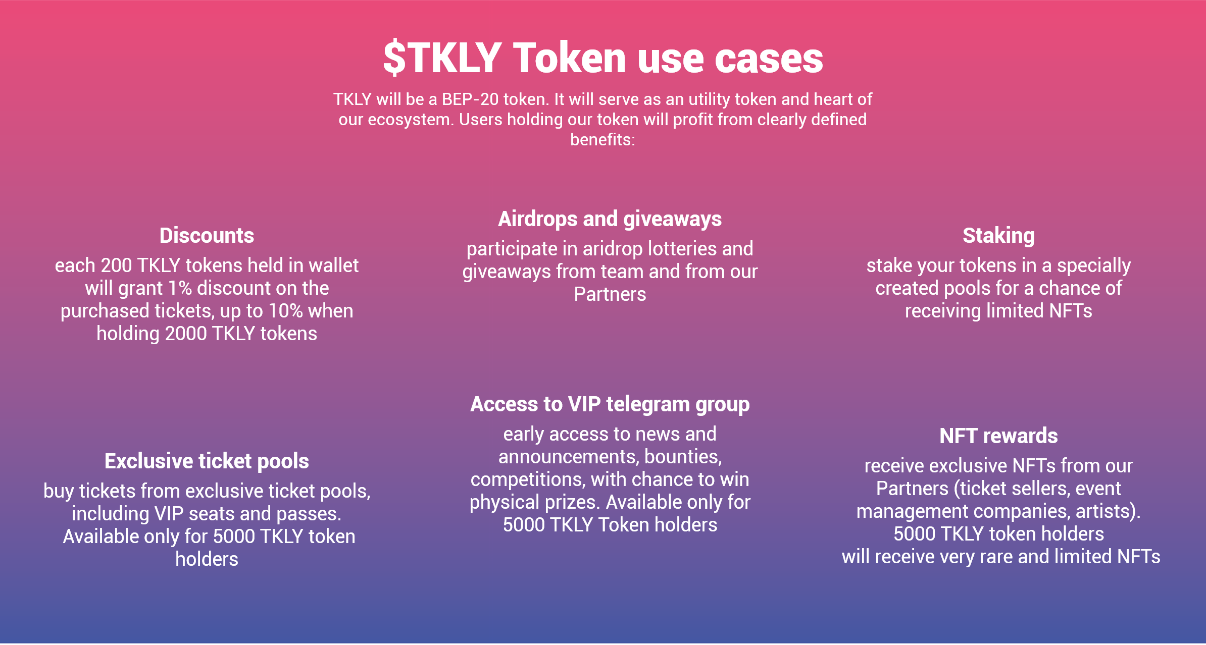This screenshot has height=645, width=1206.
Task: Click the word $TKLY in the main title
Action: click(442, 58)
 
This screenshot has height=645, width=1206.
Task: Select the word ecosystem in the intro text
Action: click(411, 120)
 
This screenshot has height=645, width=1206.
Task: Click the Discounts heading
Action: click(207, 236)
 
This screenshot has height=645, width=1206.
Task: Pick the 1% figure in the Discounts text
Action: click(180, 288)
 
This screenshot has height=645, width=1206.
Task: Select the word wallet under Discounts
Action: click(333, 265)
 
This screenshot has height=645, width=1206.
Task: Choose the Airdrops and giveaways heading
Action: click(610, 219)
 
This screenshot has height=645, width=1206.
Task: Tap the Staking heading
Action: click(998, 236)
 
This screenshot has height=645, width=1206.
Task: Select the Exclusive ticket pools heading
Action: click(207, 461)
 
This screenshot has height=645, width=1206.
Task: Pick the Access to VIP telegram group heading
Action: click(610, 404)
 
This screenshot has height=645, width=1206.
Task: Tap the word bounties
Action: click(683, 457)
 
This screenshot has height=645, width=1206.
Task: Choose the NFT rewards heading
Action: click(998, 436)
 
